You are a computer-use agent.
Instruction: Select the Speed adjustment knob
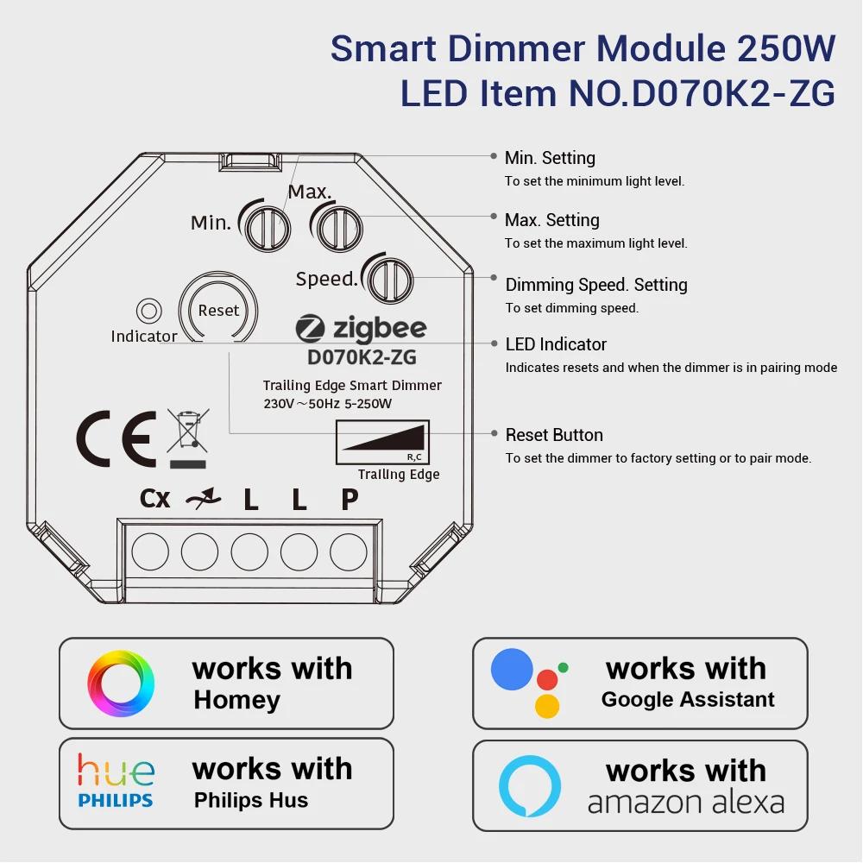[x=387, y=280]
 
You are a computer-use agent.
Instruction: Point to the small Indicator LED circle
[x=148, y=311]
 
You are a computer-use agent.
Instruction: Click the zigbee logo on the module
[x=361, y=329]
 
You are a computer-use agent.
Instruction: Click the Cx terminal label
[x=155, y=499]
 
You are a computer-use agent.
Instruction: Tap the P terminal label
[x=350, y=500]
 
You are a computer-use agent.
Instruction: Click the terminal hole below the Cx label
[x=150, y=550]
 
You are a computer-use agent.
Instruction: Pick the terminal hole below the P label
[x=349, y=550]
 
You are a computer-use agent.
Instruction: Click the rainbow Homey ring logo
[x=122, y=683]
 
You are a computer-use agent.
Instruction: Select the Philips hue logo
[x=116, y=780]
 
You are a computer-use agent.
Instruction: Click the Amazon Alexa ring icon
[x=530, y=786]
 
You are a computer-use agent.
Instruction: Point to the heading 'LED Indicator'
[x=556, y=344]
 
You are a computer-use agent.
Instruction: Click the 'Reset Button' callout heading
[x=554, y=435]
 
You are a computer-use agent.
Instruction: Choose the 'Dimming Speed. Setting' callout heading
[x=596, y=285]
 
